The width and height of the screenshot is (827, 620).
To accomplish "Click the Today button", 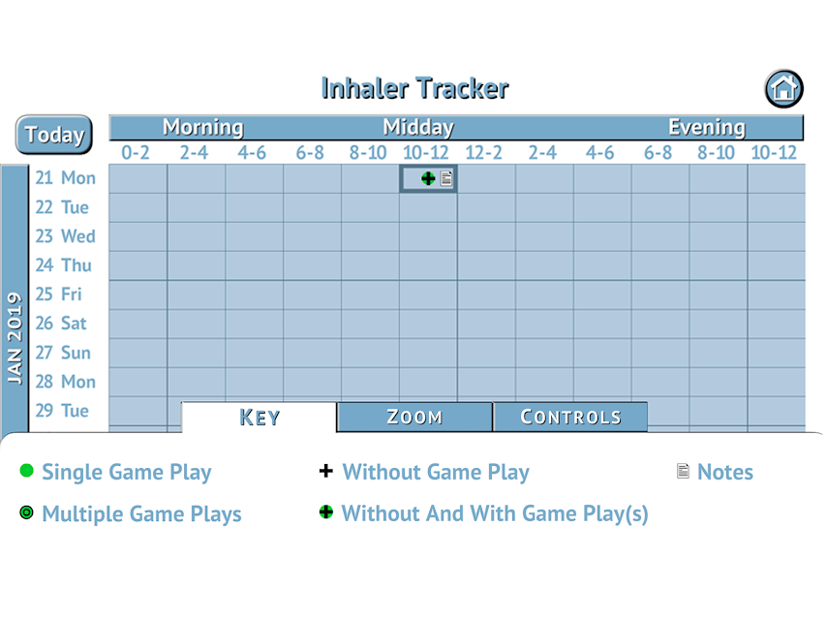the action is tap(54, 135).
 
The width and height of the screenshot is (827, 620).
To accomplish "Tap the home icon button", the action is tap(783, 89).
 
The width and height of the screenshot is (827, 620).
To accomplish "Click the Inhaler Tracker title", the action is tap(414, 88).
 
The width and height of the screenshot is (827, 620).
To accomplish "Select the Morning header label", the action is tap(202, 127).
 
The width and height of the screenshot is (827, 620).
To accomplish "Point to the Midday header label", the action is tap(418, 127).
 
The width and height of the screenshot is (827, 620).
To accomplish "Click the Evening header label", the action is tap(707, 127).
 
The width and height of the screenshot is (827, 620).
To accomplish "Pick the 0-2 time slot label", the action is tap(136, 152).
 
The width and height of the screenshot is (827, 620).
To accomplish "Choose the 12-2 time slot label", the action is tap(483, 152).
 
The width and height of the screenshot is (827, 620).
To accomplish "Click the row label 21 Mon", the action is tap(66, 178).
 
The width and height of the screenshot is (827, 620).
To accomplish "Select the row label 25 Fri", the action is tap(58, 294).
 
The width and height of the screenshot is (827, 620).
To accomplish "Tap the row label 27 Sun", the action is tap(63, 353).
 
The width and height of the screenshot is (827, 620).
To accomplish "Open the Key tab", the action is tap(259, 418).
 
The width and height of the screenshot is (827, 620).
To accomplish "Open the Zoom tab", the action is tap(414, 418).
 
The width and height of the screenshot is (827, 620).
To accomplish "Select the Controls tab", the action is tap(570, 418).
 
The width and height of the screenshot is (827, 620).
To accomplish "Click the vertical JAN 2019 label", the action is tap(15, 338).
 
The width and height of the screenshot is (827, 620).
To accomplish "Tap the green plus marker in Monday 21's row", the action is tap(428, 178).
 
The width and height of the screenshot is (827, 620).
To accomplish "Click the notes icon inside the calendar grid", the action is tap(446, 178).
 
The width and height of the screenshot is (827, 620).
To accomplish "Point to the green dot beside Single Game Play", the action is tap(26, 470).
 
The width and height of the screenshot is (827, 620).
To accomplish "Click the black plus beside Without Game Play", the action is tap(326, 471).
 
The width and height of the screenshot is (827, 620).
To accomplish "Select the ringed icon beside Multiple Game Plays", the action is tap(26, 512).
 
